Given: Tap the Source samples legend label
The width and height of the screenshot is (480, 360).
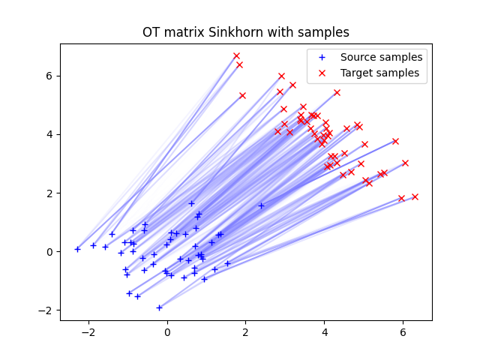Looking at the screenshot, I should pyautogui.click(x=381, y=57).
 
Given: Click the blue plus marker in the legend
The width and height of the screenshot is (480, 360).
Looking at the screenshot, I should pyautogui.click(x=323, y=57).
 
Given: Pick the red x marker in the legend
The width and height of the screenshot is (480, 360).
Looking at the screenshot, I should pyautogui.click(x=323, y=73).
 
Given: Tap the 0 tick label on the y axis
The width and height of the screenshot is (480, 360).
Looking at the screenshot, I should pyautogui.click(x=51, y=252).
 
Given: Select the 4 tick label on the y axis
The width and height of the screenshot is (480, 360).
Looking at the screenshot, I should pyautogui.click(x=51, y=134).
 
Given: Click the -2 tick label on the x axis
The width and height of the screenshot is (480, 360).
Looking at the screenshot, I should pyautogui.click(x=88, y=332).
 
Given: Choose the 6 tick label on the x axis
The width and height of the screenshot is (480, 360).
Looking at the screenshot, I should pyautogui.click(x=403, y=332).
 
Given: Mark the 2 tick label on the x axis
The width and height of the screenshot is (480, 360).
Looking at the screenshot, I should pyautogui.click(x=246, y=332).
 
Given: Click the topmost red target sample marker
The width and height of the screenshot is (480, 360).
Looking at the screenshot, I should pyautogui.click(x=236, y=56).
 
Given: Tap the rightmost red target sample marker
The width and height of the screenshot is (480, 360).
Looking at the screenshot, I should pyautogui.click(x=415, y=196).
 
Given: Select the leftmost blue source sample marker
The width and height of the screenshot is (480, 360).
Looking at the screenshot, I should pyautogui.click(x=77, y=249).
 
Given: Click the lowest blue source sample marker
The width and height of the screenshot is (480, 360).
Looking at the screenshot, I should pyautogui.click(x=159, y=307).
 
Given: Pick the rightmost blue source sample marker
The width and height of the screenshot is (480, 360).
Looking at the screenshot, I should pyautogui.click(x=261, y=205).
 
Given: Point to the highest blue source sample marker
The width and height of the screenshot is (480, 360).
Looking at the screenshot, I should pyautogui.click(x=191, y=203).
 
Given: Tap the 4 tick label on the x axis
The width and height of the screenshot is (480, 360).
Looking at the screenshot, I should pyautogui.click(x=324, y=332).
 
